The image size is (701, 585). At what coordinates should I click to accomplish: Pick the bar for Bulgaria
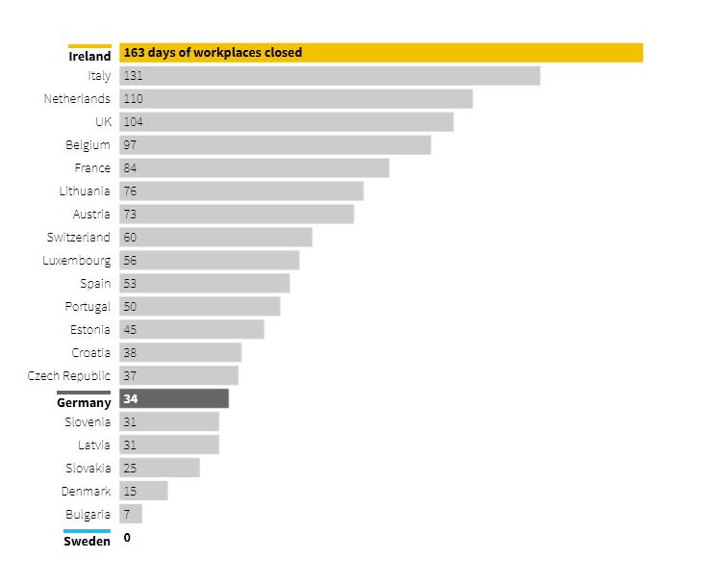pos(131,514)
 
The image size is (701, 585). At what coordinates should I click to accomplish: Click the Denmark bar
pos(144,491)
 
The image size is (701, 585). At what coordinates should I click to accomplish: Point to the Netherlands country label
pos(77,99)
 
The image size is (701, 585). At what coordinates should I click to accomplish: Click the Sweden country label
pos(88,541)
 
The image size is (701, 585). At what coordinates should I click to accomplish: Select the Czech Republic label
pos(69,376)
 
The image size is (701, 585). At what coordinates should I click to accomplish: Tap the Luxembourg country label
pos(77,261)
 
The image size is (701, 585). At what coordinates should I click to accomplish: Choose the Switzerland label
pos(79,238)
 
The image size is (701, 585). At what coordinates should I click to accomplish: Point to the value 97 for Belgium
pos(130,145)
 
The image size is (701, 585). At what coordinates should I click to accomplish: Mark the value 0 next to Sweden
pos(127,538)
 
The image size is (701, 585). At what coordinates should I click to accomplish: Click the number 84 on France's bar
pos(130,168)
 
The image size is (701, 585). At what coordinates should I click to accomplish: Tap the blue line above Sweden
pos(88,530)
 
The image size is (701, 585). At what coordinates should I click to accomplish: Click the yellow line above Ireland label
pos(89,45)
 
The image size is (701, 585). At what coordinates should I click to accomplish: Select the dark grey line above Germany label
pos(84,392)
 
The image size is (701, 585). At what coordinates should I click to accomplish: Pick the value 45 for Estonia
pos(130,330)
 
